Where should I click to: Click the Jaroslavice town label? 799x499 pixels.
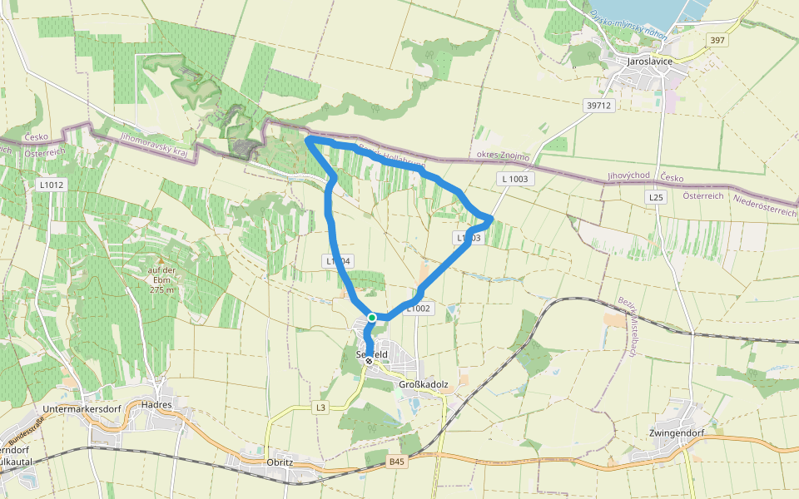click(x=649, y=62)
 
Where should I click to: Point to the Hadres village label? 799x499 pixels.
click(x=156, y=405)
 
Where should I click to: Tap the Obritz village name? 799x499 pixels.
click(x=280, y=462)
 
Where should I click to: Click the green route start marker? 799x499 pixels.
click(x=372, y=318)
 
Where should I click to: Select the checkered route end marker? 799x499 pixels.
click(x=369, y=361)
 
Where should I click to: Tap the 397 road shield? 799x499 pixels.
click(x=717, y=40)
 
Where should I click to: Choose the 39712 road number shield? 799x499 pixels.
click(x=598, y=106)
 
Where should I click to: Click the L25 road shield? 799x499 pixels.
click(x=656, y=197)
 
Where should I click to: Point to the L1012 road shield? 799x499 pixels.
click(x=51, y=185)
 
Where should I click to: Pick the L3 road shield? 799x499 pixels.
click(x=321, y=408)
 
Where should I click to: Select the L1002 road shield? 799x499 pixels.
click(x=419, y=309)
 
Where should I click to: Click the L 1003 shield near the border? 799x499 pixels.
click(x=516, y=179)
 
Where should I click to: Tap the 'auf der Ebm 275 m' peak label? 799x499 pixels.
click(x=161, y=279)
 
